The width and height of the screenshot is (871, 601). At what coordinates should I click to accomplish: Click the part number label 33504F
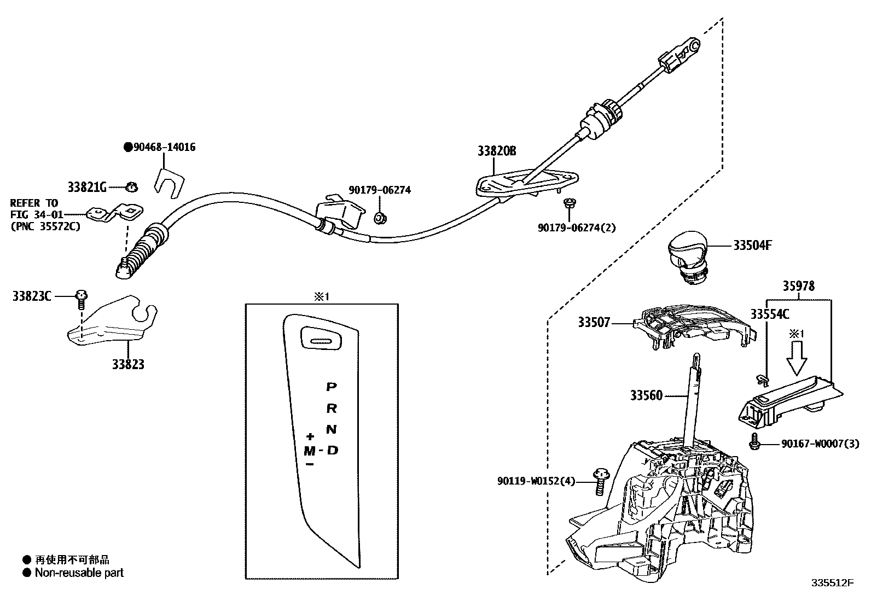coord(752,246)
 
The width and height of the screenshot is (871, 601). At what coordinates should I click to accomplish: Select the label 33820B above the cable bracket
coord(497,151)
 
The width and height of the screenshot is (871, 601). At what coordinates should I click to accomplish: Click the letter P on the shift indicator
coord(331,387)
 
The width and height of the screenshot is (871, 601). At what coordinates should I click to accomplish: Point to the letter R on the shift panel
coord(332,408)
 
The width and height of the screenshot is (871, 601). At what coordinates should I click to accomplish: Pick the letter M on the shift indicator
coord(310,451)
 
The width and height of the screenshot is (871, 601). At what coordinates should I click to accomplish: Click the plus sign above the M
coord(310,436)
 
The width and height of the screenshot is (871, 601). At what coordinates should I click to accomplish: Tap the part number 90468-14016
coord(163,147)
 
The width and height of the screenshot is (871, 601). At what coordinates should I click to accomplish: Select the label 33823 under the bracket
coord(128,364)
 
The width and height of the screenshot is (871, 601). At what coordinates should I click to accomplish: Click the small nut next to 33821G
coord(131,187)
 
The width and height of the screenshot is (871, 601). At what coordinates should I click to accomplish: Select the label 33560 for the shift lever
coord(646,395)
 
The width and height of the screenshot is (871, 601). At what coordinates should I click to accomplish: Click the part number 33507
coord(594,323)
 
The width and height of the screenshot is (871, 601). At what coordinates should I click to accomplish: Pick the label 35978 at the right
coord(798,285)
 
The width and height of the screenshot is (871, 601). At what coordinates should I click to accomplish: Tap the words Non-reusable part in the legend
coord(79,573)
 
